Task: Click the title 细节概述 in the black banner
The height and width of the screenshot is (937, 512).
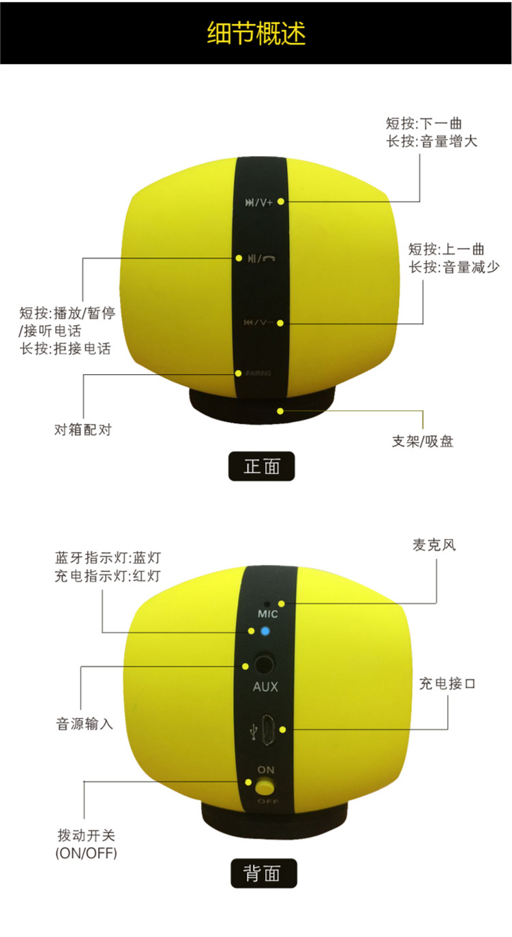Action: point(256,33)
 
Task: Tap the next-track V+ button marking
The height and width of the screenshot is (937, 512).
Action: point(258,203)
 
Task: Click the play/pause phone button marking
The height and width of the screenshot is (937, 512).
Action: point(262,258)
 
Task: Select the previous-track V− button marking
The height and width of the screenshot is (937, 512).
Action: point(258,322)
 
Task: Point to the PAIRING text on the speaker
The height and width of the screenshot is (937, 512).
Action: point(258,373)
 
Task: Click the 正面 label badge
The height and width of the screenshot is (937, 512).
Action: point(262,466)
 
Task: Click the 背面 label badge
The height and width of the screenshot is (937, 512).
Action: point(264,874)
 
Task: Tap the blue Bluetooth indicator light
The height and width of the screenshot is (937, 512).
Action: point(265,631)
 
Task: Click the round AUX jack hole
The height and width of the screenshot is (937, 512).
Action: point(265,664)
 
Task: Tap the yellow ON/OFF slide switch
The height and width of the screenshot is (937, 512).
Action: point(265,787)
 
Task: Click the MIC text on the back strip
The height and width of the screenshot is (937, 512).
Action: point(267,614)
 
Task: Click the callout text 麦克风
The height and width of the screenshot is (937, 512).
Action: point(434,544)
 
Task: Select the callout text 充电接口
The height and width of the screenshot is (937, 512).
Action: point(447,683)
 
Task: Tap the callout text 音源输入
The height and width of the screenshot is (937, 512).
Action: point(85,723)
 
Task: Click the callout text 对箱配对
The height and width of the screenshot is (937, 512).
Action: point(83,429)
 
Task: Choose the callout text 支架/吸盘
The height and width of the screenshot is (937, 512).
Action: point(423,441)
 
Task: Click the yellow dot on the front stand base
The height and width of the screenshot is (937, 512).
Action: point(280,411)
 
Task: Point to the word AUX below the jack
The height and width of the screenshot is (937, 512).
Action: point(265,686)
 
